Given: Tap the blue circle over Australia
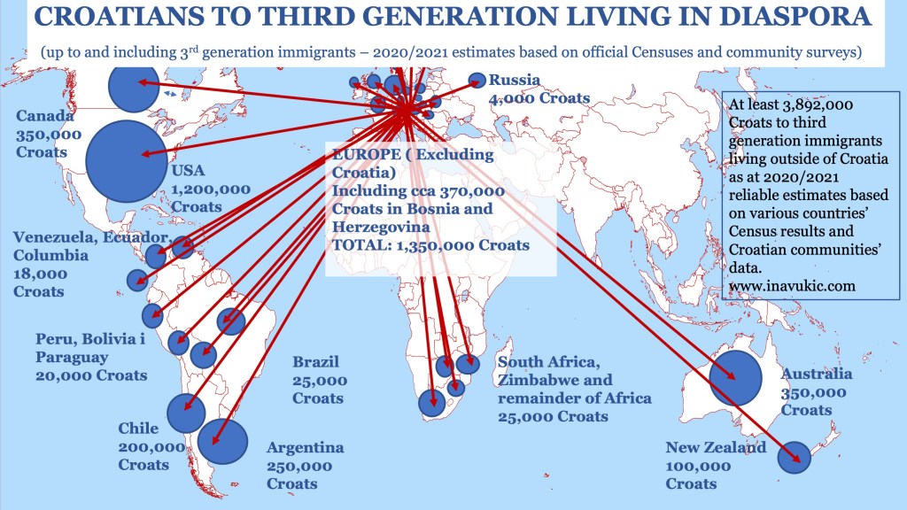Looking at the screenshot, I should [x=736, y=377].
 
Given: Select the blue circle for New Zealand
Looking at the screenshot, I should [x=794, y=457].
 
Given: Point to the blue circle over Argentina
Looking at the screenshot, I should [x=222, y=440].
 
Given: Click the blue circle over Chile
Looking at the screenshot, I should [x=186, y=413].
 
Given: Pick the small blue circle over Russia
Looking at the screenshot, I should [x=477, y=80].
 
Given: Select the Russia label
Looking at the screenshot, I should [x=515, y=80].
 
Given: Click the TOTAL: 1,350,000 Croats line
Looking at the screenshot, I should [x=431, y=245].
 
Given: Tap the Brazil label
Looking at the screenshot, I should [x=316, y=362].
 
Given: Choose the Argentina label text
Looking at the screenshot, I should [x=305, y=448].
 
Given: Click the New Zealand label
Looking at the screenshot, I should [x=716, y=448].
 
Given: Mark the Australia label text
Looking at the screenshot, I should [x=816, y=375].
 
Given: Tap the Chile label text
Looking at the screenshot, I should [x=138, y=429].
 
